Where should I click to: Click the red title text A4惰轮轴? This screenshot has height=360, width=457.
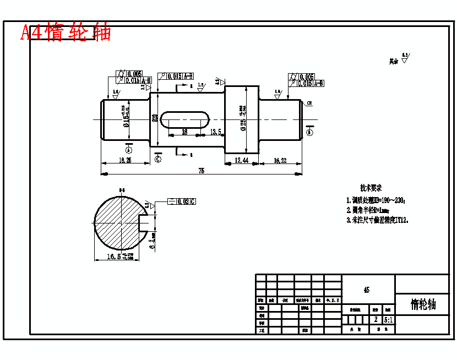click(x=66, y=32)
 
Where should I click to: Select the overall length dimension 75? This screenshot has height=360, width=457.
click(x=201, y=171)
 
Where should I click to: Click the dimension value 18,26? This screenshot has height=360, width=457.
click(x=125, y=160)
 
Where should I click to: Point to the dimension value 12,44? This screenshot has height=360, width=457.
click(x=242, y=160)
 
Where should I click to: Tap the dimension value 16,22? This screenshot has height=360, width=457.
click(x=280, y=160)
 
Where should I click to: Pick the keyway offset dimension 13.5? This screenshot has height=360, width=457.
click(x=216, y=132)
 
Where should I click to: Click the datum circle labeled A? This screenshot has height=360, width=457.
click(x=129, y=149)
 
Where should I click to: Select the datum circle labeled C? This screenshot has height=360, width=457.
click(x=158, y=160)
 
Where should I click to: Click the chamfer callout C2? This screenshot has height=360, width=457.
click(x=309, y=103)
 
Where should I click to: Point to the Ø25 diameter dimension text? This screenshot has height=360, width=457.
click(x=243, y=118)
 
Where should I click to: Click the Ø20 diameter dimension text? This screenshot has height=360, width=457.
click(x=155, y=118)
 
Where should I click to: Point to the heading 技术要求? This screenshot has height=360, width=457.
click(x=371, y=188)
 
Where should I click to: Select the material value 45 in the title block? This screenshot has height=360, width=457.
click(x=367, y=290)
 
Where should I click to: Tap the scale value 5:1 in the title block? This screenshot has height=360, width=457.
click(x=388, y=319)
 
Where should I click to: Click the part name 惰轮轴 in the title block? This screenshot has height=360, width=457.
click(x=423, y=304)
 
